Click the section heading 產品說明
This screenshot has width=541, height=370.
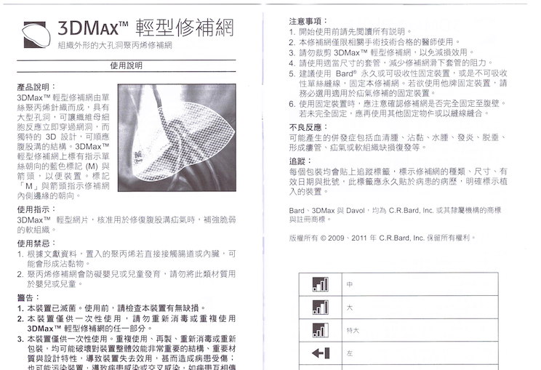coord(33,87)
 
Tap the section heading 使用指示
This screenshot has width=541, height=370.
coord(33,209)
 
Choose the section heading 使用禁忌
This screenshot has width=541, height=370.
coord(33,243)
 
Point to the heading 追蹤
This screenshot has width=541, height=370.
coord(299,161)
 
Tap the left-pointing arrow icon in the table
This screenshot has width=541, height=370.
coord(320,354)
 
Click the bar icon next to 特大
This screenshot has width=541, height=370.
coord(320,330)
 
